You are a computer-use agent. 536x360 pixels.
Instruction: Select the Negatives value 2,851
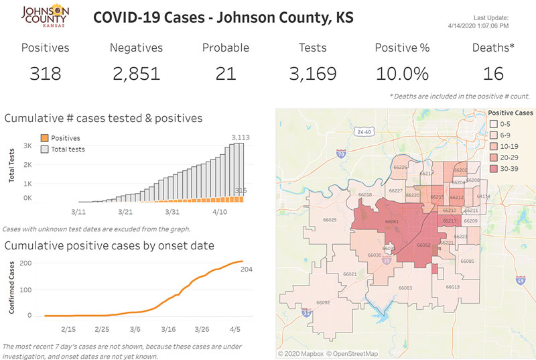click(136, 72)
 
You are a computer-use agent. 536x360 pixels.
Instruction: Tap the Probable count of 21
click(226, 72)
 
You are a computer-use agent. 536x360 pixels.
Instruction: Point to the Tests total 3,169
click(313, 72)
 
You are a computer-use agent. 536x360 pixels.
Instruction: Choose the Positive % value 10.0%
click(402, 72)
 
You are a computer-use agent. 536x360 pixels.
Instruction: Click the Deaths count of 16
click(493, 72)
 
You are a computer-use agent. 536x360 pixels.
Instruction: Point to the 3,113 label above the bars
click(240, 137)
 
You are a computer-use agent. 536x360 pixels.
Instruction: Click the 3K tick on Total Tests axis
click(28, 145)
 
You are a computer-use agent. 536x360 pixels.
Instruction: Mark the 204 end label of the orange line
click(247, 269)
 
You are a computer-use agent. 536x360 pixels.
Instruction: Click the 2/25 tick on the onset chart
click(102, 329)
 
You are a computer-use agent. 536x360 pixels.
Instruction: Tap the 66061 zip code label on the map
click(392, 221)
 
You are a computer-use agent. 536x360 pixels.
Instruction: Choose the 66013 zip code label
click(452, 286)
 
